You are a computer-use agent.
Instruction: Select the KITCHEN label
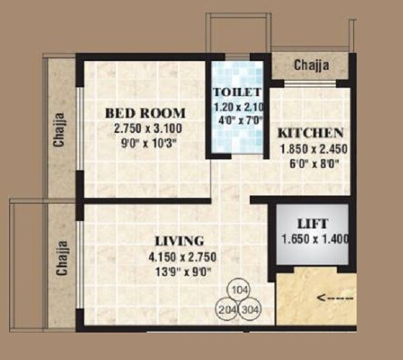click(x=311, y=132)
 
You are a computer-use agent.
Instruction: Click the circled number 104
click(x=237, y=291)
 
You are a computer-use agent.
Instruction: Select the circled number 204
click(x=227, y=310)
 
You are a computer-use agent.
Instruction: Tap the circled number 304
click(x=249, y=310)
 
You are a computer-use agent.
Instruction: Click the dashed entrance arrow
click(x=336, y=296)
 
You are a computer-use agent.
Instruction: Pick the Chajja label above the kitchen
click(x=312, y=65)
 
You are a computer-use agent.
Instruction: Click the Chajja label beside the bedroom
click(x=60, y=129)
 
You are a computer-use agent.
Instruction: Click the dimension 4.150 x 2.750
click(x=179, y=257)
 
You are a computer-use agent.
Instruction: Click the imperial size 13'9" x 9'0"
click(x=179, y=271)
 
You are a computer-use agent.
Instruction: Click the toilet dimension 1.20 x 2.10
click(x=238, y=107)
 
